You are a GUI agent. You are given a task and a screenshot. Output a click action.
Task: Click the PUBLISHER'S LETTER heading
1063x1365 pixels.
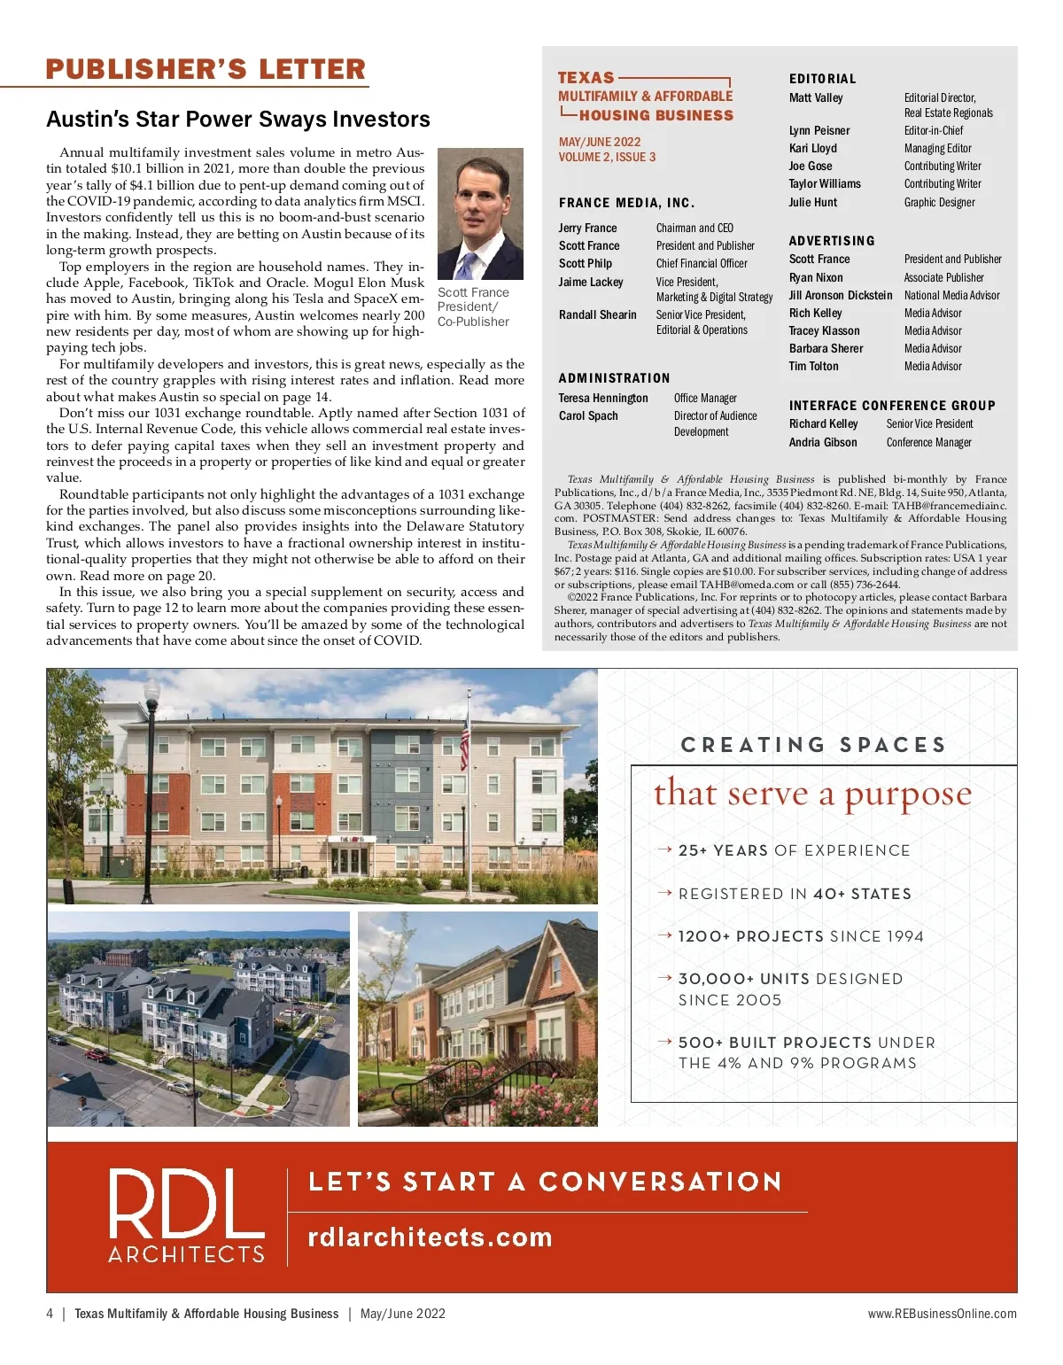point(206,69)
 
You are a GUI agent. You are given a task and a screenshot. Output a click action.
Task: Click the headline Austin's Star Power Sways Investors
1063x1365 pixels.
point(237,120)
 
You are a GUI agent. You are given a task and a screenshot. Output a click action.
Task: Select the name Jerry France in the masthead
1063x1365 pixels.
point(587,229)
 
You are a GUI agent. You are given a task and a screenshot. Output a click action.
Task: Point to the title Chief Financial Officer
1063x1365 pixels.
point(702,264)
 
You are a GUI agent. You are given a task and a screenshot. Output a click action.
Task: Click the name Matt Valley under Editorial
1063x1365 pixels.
point(816,98)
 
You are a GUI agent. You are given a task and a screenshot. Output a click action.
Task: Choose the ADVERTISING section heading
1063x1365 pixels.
point(832,241)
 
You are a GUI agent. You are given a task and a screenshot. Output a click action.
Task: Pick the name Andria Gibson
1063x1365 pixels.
point(823,443)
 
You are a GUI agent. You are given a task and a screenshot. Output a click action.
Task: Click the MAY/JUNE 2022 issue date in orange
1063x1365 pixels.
point(599,142)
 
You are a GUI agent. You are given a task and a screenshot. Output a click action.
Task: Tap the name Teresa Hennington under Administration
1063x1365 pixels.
point(603,399)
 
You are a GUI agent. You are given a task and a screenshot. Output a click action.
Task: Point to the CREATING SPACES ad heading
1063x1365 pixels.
point(813,745)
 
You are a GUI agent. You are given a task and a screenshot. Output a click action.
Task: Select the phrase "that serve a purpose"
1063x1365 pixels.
point(812,794)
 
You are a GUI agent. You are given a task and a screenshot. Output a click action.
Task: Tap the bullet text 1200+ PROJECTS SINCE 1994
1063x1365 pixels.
point(801,936)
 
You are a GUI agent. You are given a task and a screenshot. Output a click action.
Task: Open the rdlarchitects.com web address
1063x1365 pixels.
point(430,1237)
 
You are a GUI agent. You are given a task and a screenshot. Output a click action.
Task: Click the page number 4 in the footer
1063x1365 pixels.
point(50,1314)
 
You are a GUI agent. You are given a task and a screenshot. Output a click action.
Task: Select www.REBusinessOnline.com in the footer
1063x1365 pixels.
point(942,1314)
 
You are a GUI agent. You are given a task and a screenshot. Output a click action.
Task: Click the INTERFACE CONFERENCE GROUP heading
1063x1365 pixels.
point(892,406)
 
